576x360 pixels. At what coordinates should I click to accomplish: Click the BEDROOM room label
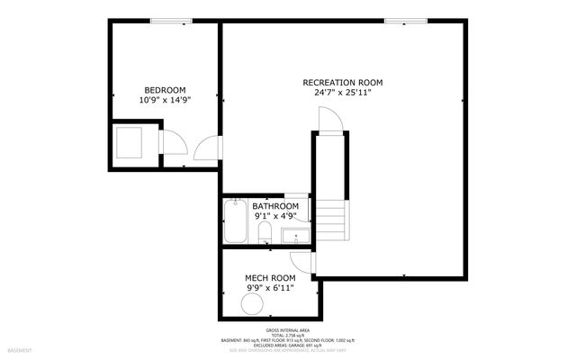(165, 90)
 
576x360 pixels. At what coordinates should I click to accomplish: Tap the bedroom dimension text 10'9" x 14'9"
(165, 101)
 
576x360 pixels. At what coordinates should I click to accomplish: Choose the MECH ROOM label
(270, 278)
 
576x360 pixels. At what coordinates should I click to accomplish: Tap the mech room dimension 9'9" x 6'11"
(270, 289)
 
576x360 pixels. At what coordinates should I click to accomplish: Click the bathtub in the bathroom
(235, 221)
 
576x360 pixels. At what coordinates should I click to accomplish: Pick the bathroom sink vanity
(294, 237)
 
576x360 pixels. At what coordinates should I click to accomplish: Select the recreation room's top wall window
(401, 21)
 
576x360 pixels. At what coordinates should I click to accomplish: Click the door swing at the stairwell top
(328, 119)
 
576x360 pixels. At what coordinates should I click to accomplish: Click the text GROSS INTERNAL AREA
(288, 329)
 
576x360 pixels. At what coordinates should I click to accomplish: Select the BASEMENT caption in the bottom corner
(20, 349)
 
